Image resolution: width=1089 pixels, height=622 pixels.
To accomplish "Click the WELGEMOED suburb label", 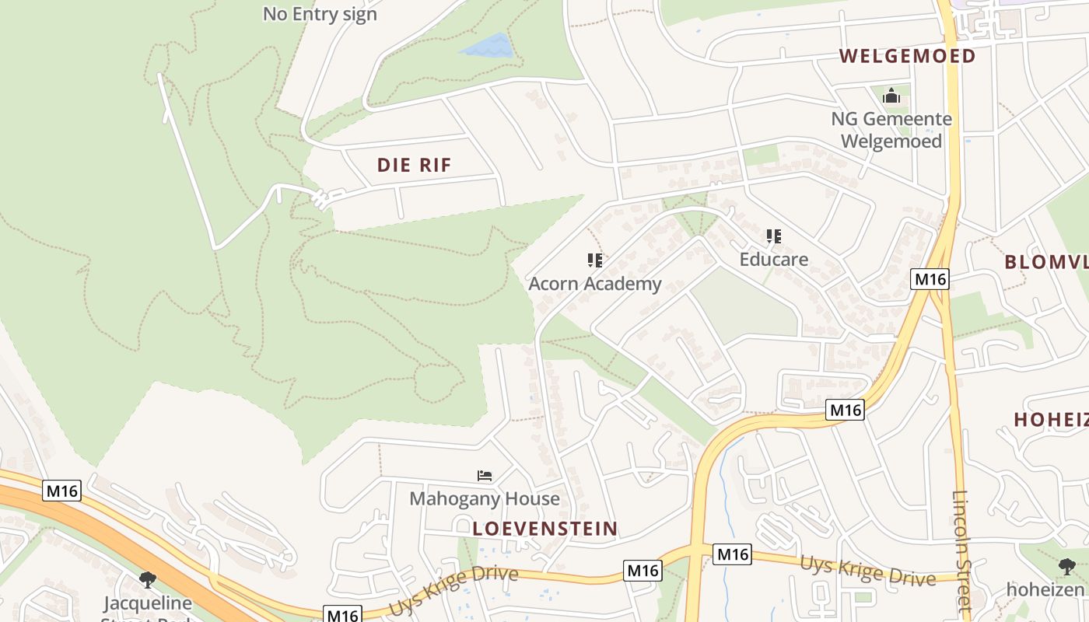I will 907,56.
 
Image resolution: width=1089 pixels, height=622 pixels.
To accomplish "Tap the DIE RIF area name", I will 414,165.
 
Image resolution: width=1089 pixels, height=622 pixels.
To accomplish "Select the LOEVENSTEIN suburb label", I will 545,529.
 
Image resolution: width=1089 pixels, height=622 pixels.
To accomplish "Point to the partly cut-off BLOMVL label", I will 1045,262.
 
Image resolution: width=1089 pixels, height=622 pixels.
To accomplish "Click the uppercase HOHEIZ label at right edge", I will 1050,420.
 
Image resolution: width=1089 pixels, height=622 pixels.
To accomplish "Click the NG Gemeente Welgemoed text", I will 891,130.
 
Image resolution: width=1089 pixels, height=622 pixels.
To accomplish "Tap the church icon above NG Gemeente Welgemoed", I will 891,96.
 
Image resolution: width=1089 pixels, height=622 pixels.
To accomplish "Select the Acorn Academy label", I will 595,284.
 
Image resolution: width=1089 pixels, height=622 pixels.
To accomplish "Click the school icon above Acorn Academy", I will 595,260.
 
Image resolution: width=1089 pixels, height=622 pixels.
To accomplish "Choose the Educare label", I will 774,260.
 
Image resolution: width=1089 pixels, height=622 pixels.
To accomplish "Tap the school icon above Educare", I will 774,236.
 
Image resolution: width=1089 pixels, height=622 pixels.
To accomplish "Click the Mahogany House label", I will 485,498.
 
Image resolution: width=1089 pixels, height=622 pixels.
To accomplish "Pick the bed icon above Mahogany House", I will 485,475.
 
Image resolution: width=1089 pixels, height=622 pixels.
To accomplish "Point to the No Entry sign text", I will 320,14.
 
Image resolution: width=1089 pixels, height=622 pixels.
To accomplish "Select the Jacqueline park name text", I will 148,603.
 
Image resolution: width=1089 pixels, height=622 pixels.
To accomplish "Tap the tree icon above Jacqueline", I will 148,579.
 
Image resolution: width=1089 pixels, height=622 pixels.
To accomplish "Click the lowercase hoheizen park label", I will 1045,589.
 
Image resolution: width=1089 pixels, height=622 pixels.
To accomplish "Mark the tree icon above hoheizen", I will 1066,567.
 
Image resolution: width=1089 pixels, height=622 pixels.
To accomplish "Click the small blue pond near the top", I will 488,46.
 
